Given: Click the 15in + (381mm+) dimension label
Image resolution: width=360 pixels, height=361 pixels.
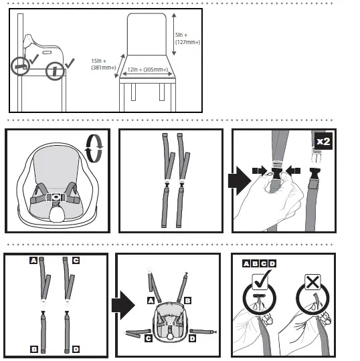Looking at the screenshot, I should tap(104, 64).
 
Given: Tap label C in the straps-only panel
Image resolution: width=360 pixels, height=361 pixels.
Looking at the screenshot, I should tap(76, 260).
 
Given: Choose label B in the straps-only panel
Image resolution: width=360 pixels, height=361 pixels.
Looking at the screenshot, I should tap(32, 348).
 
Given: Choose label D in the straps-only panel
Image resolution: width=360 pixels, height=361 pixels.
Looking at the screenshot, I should tap(76, 348).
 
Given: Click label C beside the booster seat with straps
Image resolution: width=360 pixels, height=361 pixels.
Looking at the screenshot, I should tap(148, 338).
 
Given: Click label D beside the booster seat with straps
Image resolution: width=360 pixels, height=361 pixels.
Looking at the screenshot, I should tap(193, 338).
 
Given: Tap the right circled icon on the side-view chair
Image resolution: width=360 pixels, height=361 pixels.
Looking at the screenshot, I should tap(55, 70).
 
